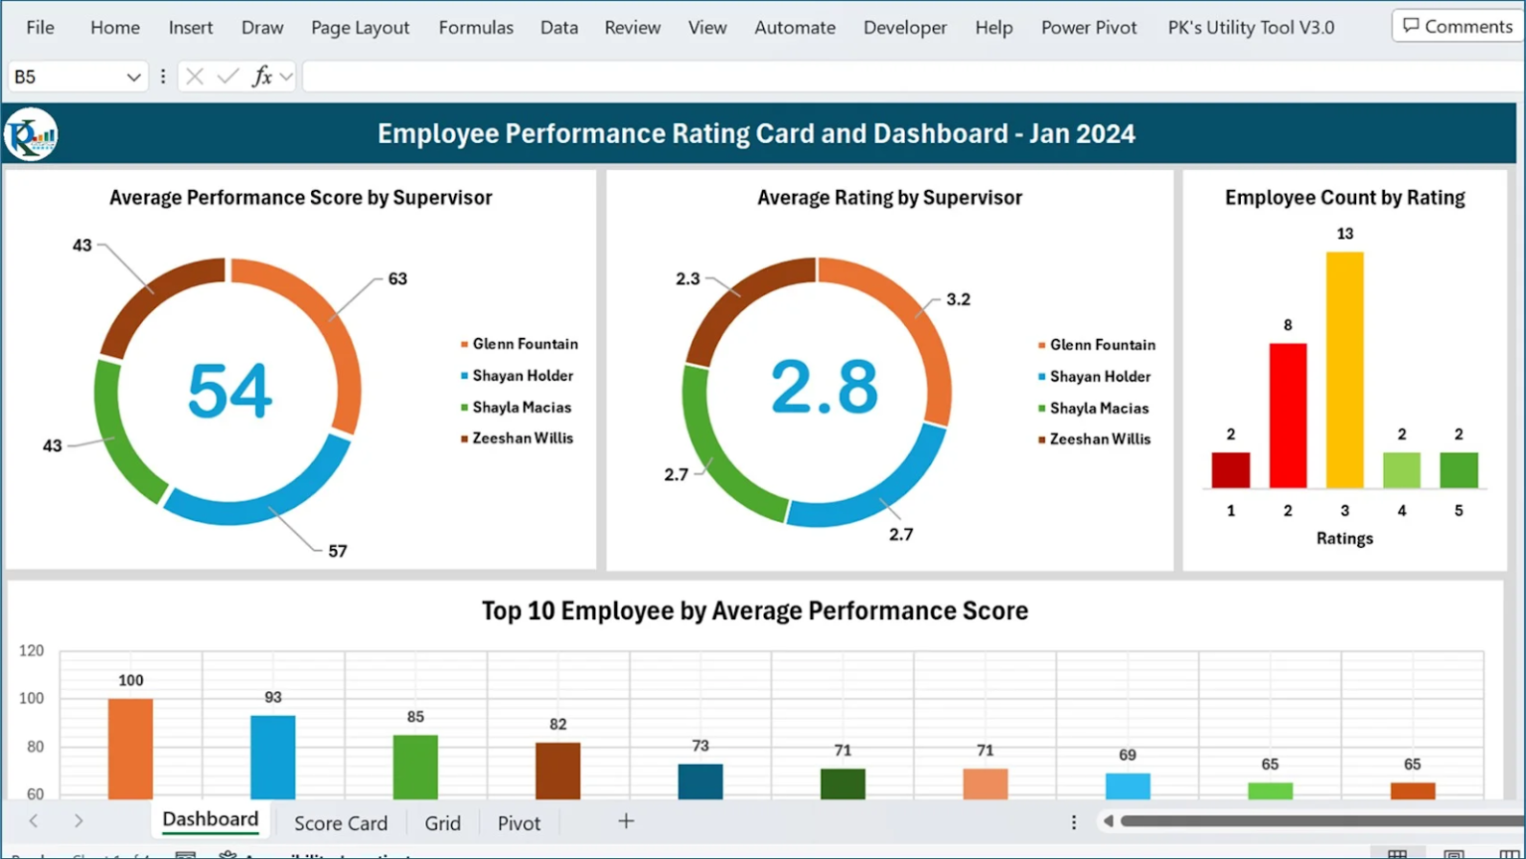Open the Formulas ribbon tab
[x=476, y=28]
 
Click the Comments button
[x=1456, y=27]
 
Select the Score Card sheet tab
[x=340, y=823]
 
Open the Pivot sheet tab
[x=519, y=823]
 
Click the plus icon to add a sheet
[x=626, y=821]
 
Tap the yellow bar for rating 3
[x=1344, y=370]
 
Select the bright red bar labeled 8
[x=1288, y=416]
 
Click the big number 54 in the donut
[x=229, y=391]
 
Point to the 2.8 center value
[x=824, y=387]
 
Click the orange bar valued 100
[x=130, y=748]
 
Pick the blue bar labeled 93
[x=273, y=757]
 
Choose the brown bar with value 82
[x=557, y=771]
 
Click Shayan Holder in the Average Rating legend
[x=1100, y=377]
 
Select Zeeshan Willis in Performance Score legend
[x=523, y=438]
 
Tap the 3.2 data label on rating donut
[x=958, y=299]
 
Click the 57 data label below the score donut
[x=338, y=551]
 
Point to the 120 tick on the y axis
[x=32, y=651]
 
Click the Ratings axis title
[x=1344, y=538]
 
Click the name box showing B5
[x=65, y=77]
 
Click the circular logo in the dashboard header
[x=31, y=135]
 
